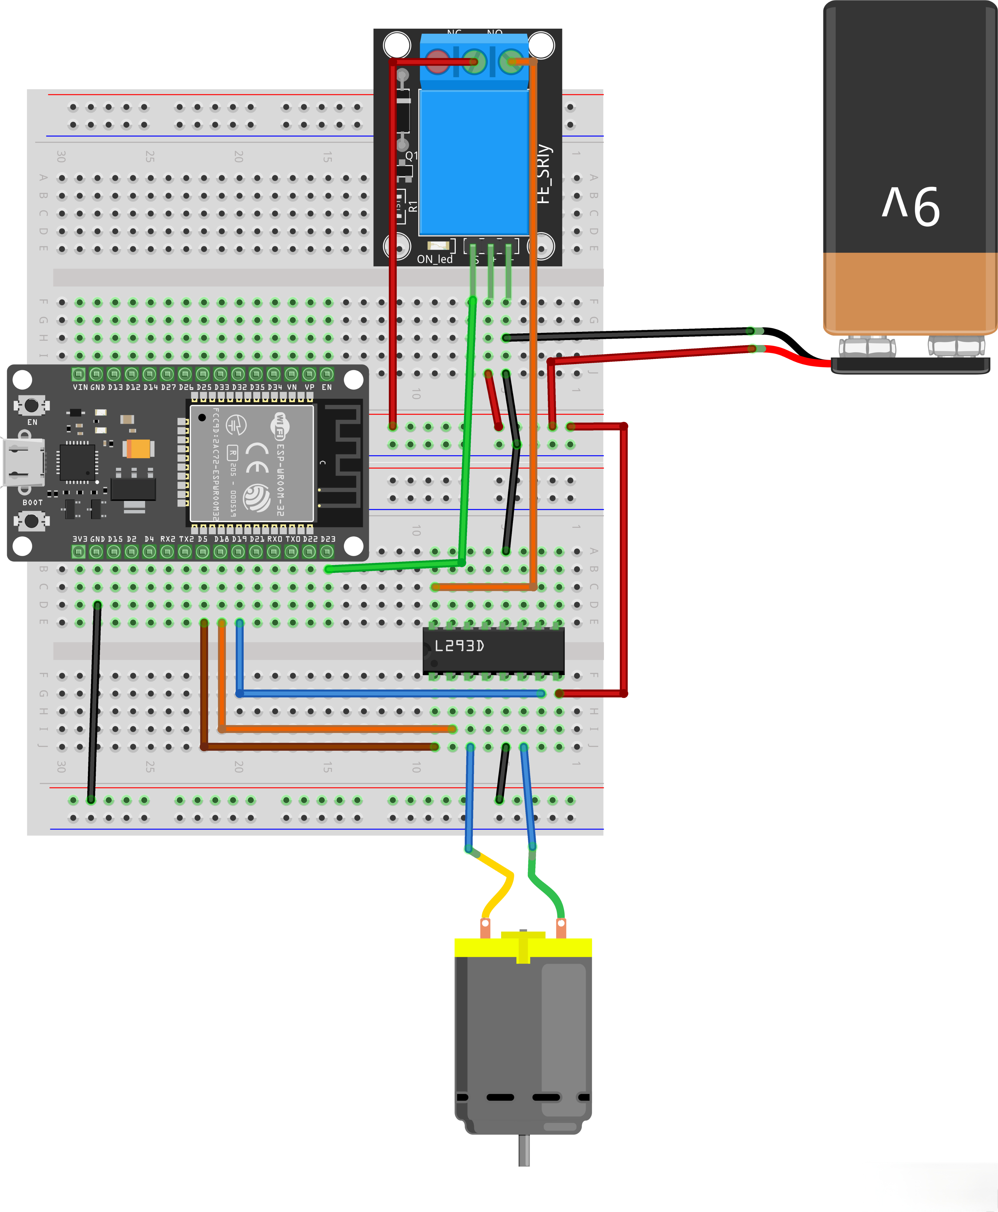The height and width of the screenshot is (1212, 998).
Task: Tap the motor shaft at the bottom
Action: pos(524,1150)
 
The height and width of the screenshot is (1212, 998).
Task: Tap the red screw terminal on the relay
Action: pos(438,62)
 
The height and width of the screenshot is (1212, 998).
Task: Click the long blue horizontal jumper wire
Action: pos(391,694)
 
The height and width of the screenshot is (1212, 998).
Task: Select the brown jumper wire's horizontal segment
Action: pos(319,747)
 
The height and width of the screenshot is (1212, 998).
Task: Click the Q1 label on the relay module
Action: pos(412,156)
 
